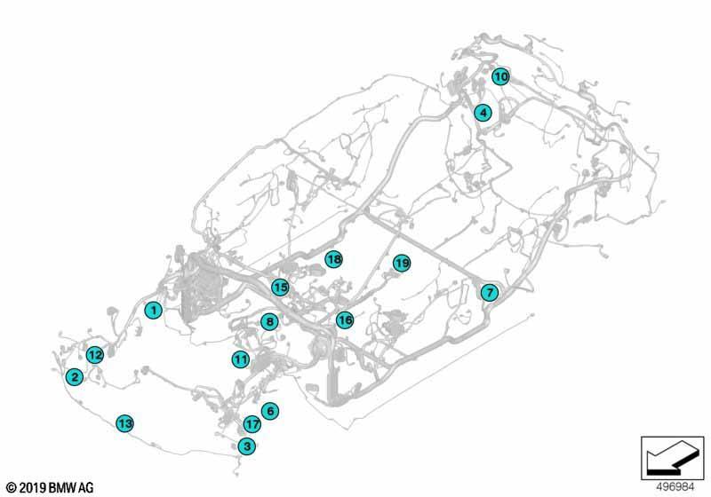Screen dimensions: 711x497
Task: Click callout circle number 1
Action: [x=154, y=310]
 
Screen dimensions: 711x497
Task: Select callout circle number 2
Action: [x=75, y=376]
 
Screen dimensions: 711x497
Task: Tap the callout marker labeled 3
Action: [x=247, y=446]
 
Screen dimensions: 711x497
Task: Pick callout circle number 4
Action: [x=483, y=112]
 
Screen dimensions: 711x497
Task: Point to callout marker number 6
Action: [x=270, y=411]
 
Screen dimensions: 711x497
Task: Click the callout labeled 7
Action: [x=490, y=292]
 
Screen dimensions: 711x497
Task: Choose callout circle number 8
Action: [x=270, y=322]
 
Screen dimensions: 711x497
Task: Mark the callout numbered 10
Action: [x=500, y=76]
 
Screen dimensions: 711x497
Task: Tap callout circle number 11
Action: [x=241, y=359]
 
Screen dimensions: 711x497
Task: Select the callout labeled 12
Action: [x=95, y=355]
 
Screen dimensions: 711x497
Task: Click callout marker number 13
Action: [x=124, y=423]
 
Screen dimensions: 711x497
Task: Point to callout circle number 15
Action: [x=280, y=287]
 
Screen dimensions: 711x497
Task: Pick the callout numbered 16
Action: [x=345, y=320]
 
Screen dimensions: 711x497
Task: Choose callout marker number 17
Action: [x=252, y=424]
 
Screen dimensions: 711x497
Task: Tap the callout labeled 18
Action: [x=334, y=259]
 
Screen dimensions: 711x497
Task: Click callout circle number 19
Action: [x=402, y=263]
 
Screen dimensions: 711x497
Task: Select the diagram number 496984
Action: [x=675, y=486]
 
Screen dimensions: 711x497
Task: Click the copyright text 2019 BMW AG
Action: [x=57, y=487]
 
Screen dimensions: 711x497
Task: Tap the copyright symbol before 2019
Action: [x=12, y=488]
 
